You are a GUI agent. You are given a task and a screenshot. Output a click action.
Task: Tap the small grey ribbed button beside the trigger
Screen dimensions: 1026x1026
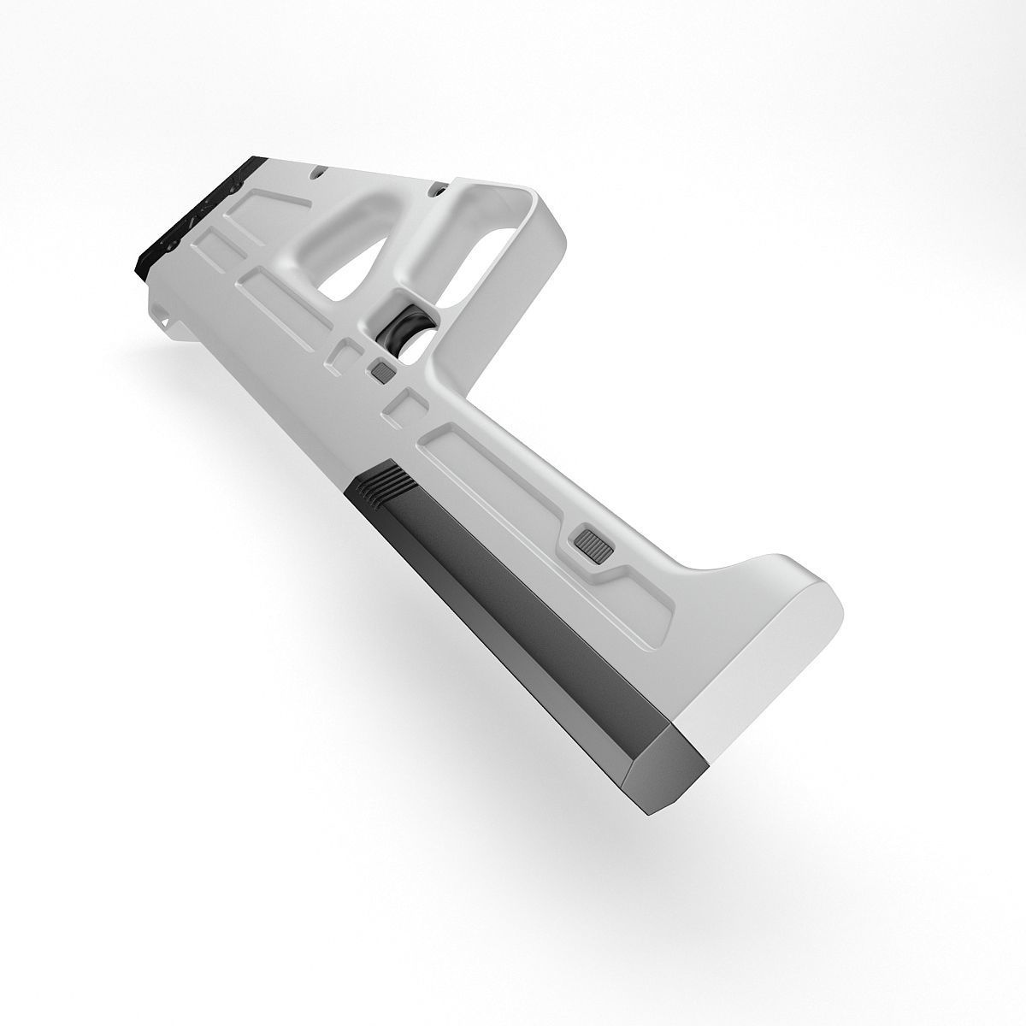tap(381, 371)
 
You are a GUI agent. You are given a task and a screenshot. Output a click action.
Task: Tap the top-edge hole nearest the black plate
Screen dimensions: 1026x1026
tap(317, 171)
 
